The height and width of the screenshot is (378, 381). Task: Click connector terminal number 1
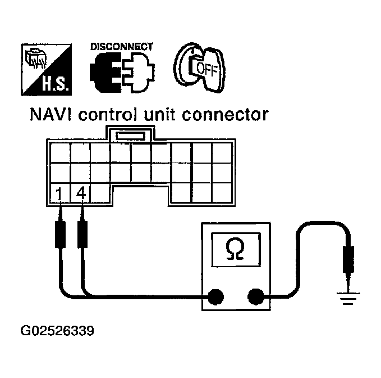58,193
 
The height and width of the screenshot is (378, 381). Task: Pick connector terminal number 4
81,192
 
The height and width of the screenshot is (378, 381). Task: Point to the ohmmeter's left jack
215,295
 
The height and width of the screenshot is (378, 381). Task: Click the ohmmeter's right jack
255,295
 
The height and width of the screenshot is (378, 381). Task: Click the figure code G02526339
57,331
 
